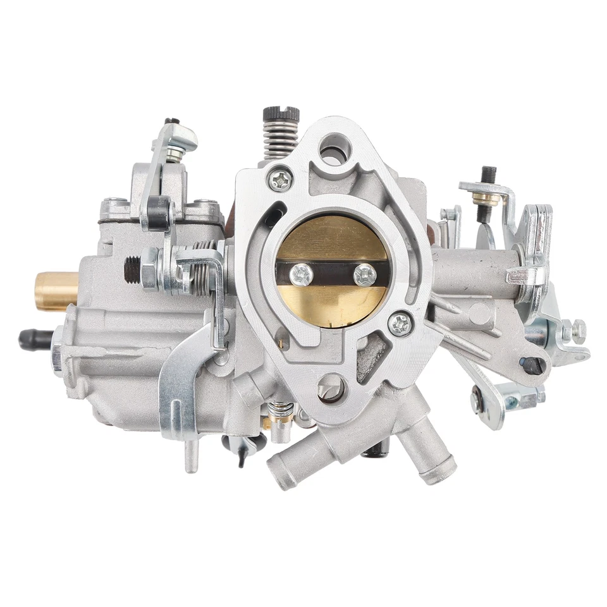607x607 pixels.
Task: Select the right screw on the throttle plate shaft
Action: pyautogui.click(x=365, y=274)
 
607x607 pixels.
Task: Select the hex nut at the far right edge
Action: pyautogui.click(x=577, y=331)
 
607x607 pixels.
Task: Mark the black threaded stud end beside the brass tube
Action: pyautogui.click(x=132, y=269)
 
